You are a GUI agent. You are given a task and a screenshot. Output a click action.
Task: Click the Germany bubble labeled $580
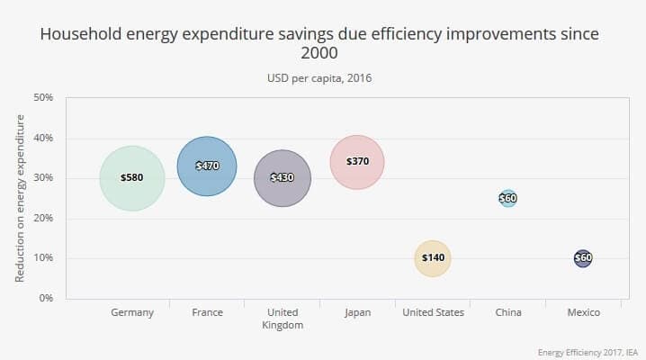click(x=132, y=178)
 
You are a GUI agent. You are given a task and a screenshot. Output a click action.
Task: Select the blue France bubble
click(x=207, y=166)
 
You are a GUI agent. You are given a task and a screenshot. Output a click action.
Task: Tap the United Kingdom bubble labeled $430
click(x=283, y=178)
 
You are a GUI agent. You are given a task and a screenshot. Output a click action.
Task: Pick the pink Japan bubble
click(x=357, y=162)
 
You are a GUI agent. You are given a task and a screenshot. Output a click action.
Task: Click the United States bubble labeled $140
click(x=433, y=258)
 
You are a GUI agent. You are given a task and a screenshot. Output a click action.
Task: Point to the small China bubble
click(x=508, y=198)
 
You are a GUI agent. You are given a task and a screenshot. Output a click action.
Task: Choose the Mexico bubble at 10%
click(x=583, y=258)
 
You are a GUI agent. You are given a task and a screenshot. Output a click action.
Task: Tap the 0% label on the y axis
click(x=45, y=298)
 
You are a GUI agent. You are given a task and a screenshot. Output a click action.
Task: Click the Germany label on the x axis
click(x=132, y=313)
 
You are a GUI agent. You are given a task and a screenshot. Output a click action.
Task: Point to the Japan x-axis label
click(x=357, y=313)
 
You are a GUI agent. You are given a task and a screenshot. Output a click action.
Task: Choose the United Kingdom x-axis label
click(x=283, y=319)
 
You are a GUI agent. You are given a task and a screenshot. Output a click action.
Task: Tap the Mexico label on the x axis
click(x=583, y=313)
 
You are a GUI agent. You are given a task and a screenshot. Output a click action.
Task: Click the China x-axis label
click(x=508, y=313)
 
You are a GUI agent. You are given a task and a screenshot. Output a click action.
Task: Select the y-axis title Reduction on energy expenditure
click(x=19, y=198)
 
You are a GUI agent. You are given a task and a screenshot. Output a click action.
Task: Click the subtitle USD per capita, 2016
click(x=320, y=78)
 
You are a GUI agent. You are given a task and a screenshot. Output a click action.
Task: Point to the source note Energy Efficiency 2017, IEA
click(x=588, y=351)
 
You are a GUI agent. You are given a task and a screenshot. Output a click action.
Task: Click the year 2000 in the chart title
click(x=320, y=53)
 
